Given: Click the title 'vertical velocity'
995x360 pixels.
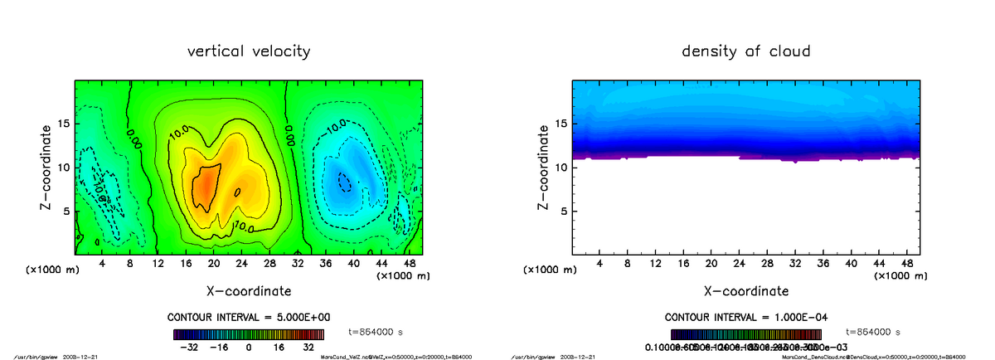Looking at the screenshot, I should (250, 51).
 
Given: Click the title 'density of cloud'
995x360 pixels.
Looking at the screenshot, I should (745, 51).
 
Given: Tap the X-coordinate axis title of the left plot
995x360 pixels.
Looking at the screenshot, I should (250, 290).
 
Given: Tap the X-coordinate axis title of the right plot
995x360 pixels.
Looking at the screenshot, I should (745, 290).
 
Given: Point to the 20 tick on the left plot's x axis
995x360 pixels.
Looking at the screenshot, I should (214, 264).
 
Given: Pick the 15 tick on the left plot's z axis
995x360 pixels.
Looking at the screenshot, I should (66, 124).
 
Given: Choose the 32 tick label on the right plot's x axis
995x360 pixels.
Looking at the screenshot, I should (794, 264).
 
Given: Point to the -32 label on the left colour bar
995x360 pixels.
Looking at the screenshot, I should (189, 348).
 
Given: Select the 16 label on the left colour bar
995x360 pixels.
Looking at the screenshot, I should (279, 348).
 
